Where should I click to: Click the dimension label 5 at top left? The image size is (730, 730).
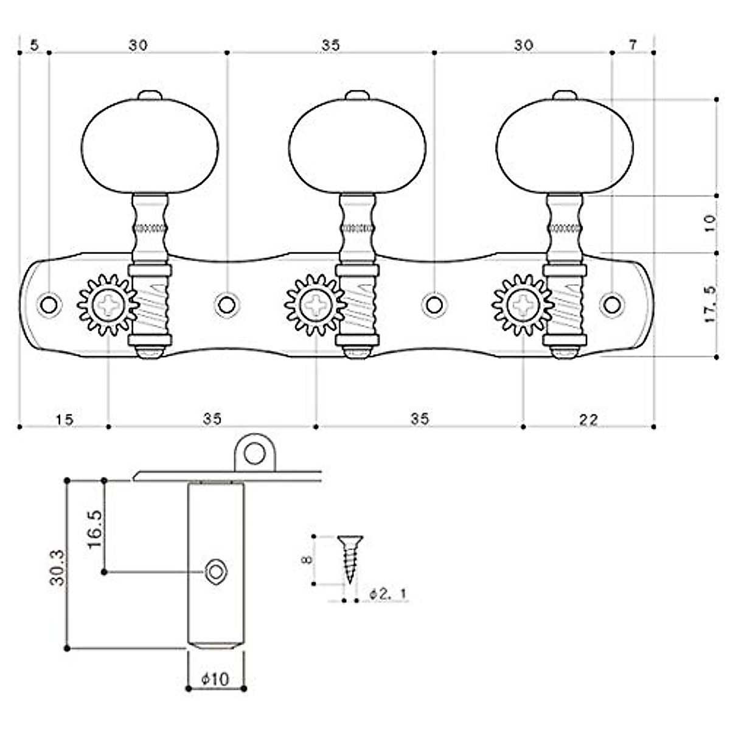click(x=34, y=45)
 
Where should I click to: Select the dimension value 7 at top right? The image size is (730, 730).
click(x=633, y=45)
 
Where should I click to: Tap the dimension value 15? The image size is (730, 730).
click(x=64, y=419)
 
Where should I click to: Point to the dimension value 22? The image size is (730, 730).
click(x=588, y=419)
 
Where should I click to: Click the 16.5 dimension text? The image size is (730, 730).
click(x=94, y=527)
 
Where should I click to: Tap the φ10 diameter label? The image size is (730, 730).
click(x=215, y=678)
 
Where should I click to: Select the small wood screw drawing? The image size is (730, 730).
click(x=350, y=557)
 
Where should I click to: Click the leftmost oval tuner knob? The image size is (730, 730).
click(x=150, y=146)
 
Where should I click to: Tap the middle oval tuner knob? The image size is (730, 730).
click(x=357, y=146)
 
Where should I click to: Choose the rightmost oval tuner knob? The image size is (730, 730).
click(x=565, y=146)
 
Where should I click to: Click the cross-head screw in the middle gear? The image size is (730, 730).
click(x=316, y=304)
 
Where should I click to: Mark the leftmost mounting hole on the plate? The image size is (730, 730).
click(x=48, y=304)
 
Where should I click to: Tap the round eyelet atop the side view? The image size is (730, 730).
click(x=255, y=453)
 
